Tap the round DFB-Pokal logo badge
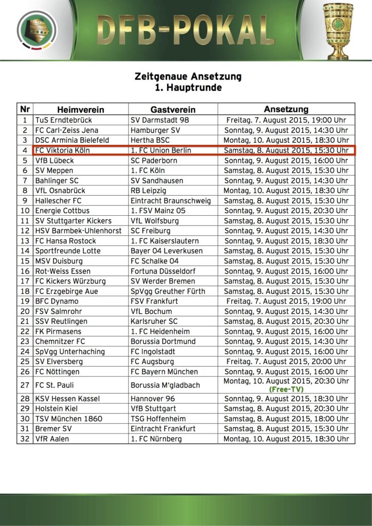coord(37,30)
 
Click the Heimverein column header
coord(81,109)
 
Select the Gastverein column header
coord(173,109)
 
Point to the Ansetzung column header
coord(286,109)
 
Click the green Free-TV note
coord(286,389)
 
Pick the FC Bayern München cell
coord(164,371)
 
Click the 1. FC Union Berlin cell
coord(161,150)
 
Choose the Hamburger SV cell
coord(155,130)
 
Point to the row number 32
coord(25,439)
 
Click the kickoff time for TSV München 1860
coord(286,419)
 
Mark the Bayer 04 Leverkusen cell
coord(166,251)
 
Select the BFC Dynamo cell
coord(57,301)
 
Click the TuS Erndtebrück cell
coord(64,120)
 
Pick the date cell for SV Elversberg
coord(286,361)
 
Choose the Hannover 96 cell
coord(154,398)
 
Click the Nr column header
coord(25,109)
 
